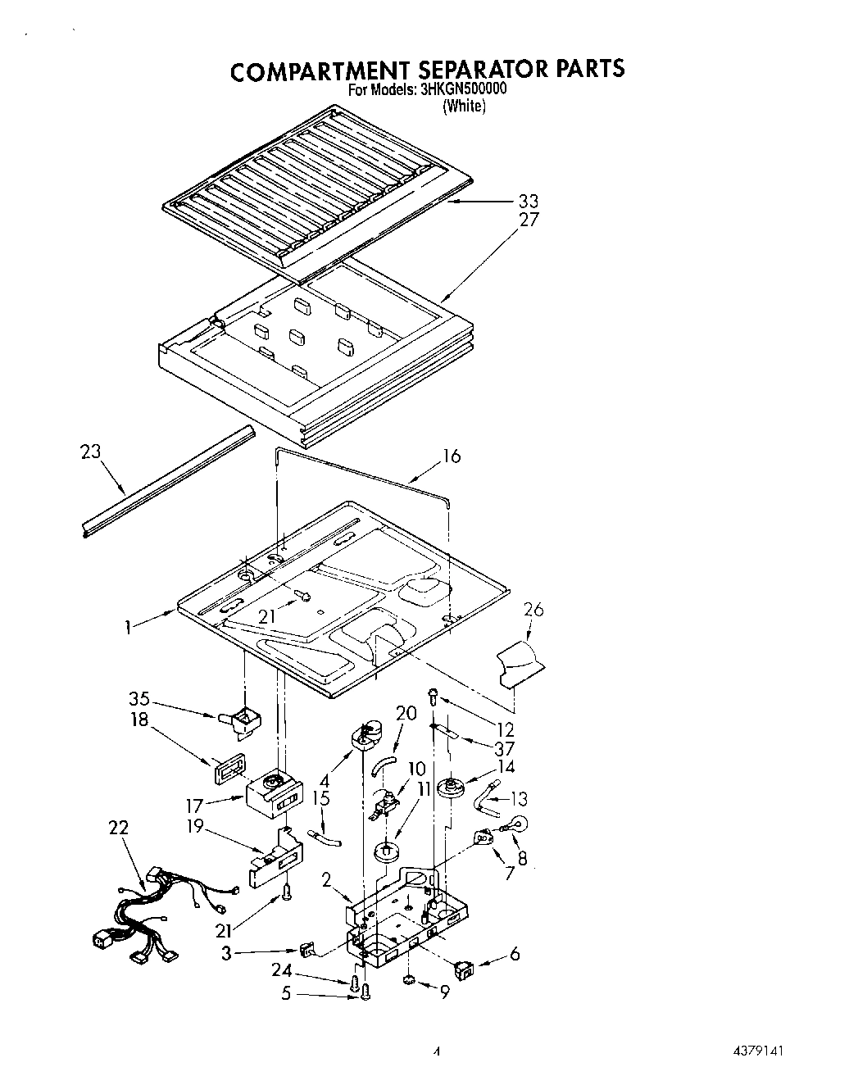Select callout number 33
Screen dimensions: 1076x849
tap(529, 201)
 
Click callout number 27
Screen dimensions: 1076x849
tap(529, 220)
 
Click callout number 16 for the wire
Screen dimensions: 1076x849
tap(452, 456)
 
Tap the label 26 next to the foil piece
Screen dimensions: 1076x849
tap(533, 610)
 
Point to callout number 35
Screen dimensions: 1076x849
tap(140, 699)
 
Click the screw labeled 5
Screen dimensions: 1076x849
tap(366, 994)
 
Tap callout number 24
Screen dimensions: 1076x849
tap(282, 971)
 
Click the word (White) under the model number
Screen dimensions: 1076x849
tap(464, 107)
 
